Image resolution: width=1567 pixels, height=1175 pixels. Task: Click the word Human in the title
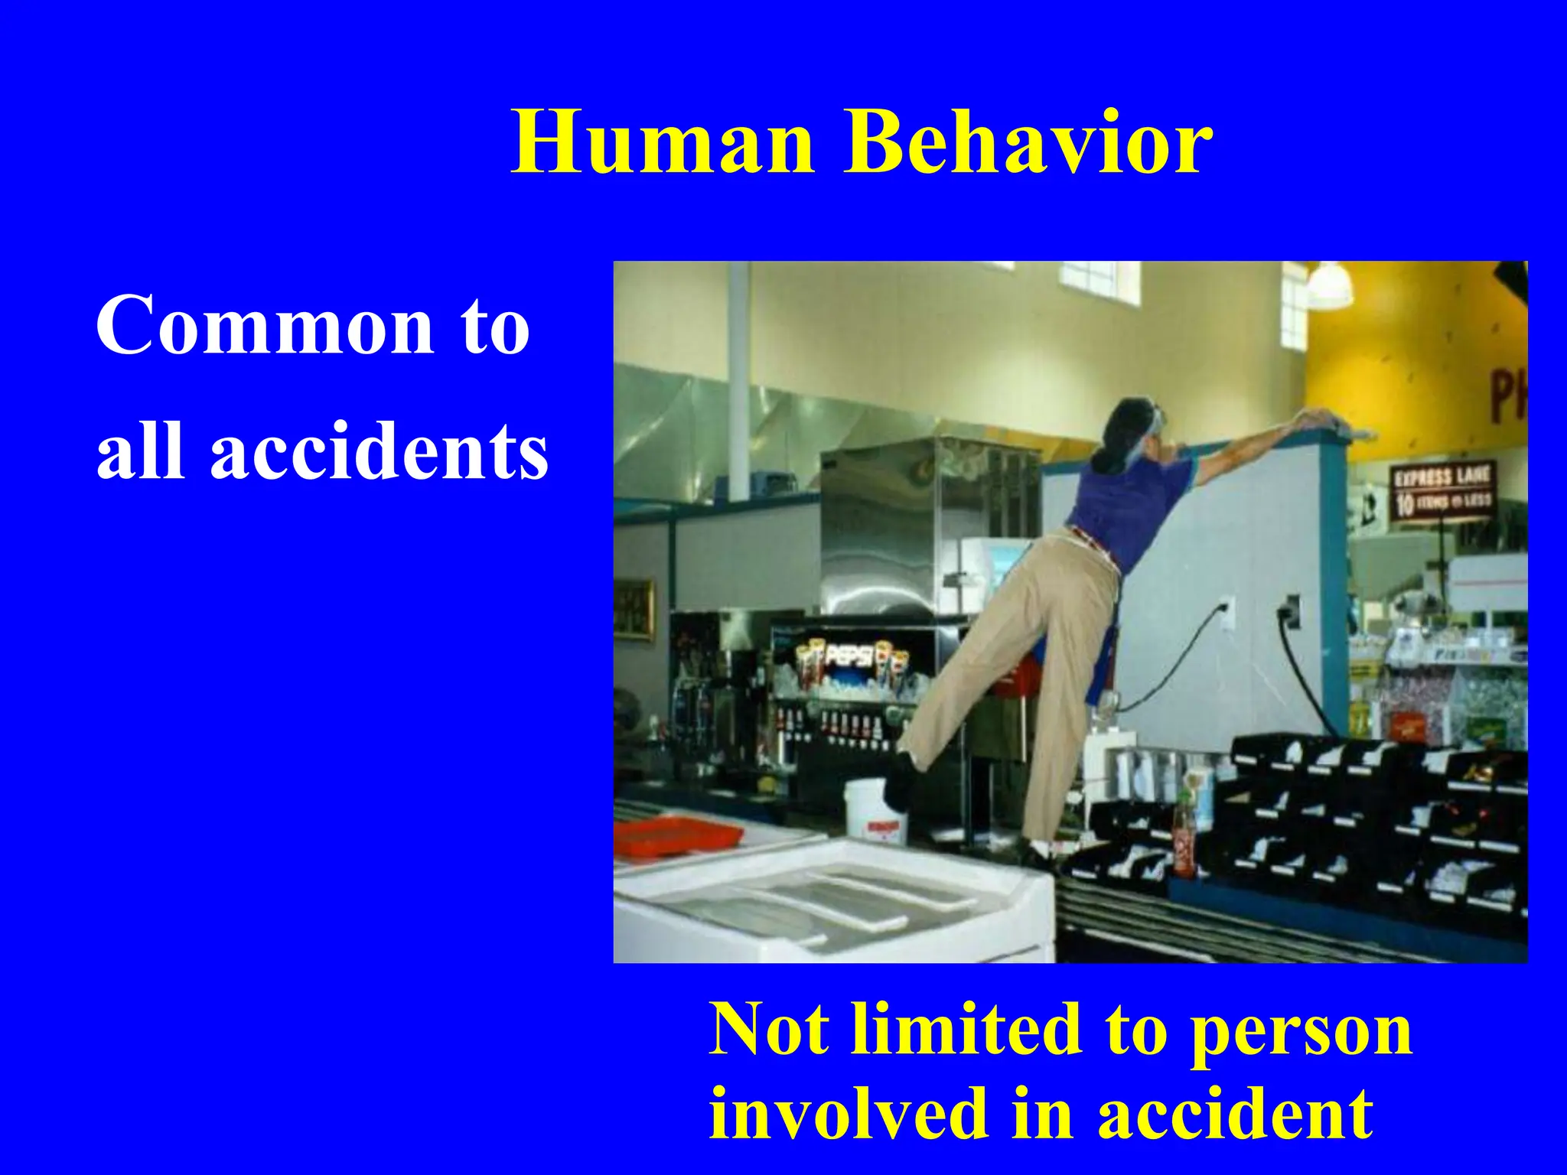pos(663,143)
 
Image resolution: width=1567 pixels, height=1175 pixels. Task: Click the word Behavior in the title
pos(1028,143)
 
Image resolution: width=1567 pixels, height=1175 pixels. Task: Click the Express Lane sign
pos(1442,489)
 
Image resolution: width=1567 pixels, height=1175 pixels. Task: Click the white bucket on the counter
pos(874,812)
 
